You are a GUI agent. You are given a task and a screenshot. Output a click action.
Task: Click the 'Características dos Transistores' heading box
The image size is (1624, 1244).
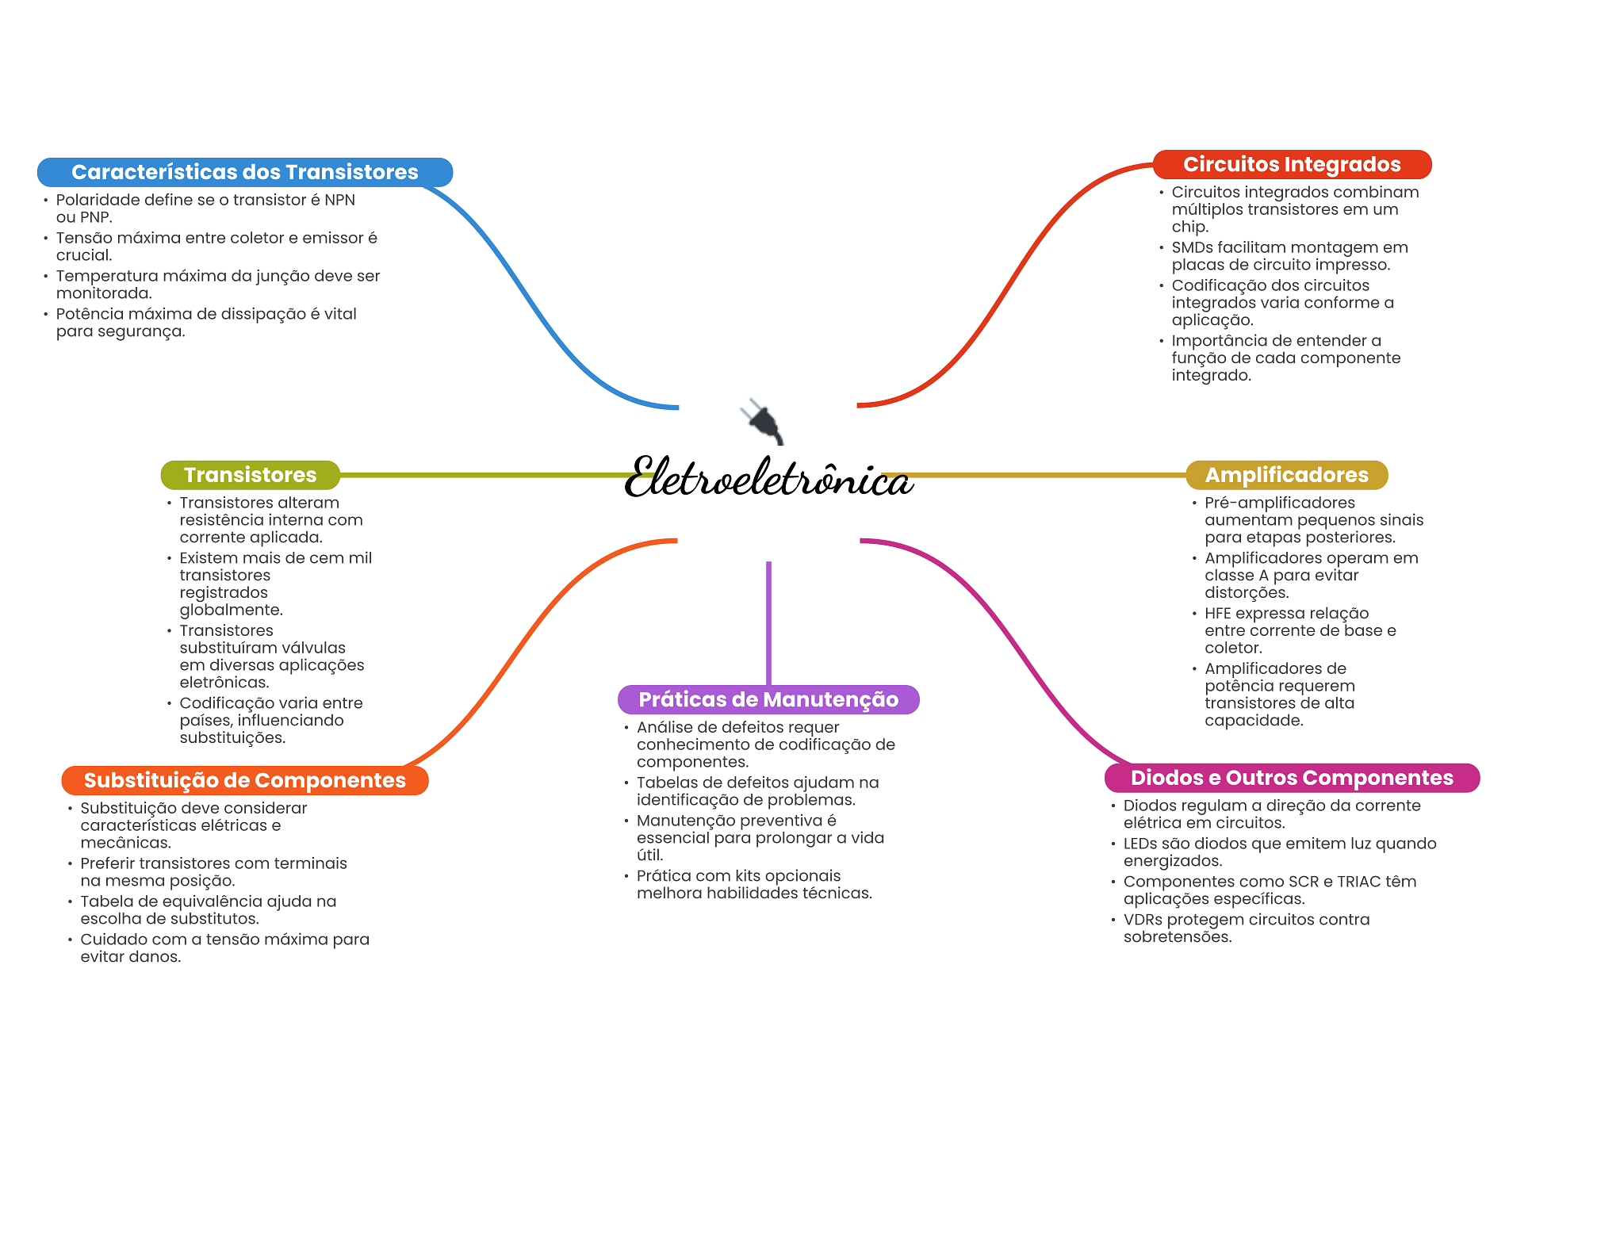244,172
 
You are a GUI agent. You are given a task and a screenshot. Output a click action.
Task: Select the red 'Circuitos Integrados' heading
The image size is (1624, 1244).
1291,164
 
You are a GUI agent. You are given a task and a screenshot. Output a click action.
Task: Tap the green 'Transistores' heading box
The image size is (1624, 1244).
250,475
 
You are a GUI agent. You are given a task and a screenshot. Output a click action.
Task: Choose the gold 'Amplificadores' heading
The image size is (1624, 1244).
1286,475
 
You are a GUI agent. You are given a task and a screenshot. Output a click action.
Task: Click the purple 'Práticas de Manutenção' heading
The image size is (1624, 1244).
768,699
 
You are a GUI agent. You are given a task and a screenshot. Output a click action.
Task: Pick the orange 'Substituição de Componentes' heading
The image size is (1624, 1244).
244,780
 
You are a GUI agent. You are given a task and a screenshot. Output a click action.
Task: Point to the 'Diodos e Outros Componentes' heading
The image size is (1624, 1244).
1291,778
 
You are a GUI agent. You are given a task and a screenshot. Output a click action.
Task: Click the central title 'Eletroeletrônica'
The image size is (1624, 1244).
768,478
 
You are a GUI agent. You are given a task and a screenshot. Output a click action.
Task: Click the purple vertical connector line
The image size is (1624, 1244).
768,622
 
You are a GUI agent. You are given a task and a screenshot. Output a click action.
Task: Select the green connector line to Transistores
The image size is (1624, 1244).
484,475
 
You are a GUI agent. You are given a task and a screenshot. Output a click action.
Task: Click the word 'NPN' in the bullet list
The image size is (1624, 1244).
339,200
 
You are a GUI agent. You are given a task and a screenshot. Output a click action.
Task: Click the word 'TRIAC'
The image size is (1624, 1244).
1359,882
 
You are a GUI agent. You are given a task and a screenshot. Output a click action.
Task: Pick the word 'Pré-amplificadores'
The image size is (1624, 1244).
1279,503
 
